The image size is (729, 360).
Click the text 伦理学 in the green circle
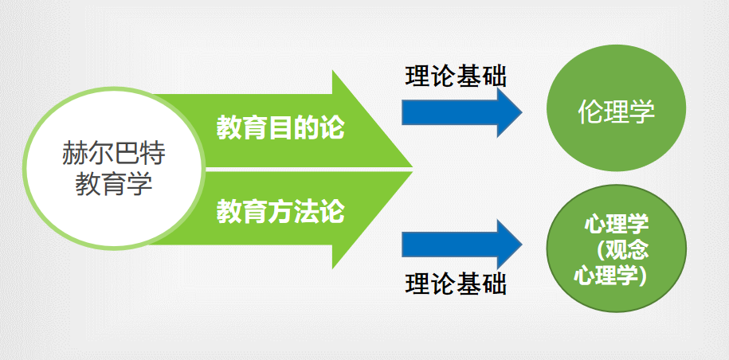pos(616,112)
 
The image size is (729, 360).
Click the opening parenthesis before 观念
pos(603,250)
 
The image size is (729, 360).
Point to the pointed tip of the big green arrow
pos(410,169)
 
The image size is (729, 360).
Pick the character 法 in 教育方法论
pos(307,213)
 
